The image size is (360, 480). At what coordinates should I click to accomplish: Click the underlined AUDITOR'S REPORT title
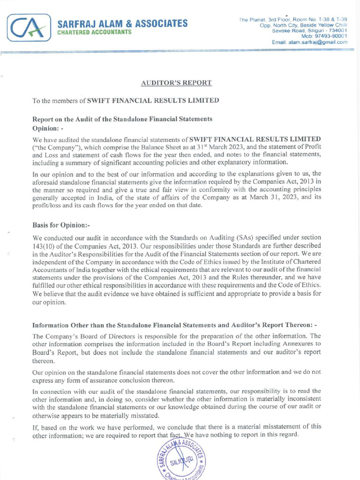click(176, 83)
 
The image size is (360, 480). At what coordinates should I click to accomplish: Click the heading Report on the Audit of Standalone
click(122, 119)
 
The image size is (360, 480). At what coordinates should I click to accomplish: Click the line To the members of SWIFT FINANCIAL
click(125, 101)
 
